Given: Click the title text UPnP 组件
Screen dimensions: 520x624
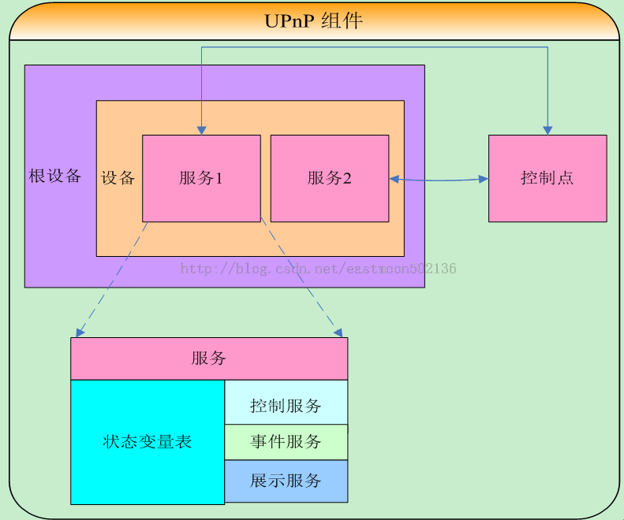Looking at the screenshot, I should click(x=313, y=20).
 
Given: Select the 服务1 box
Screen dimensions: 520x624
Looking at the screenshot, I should click(x=201, y=178).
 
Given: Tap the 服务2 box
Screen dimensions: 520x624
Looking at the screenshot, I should click(x=330, y=178).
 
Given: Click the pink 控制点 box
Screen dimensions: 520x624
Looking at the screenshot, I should click(x=547, y=178).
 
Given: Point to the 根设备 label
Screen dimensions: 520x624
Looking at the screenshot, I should click(x=55, y=176).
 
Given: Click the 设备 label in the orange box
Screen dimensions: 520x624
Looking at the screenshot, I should click(x=118, y=178).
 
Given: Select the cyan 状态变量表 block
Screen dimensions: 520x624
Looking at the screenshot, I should click(x=148, y=442).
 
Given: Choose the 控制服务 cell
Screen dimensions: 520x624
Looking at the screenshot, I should click(x=286, y=406).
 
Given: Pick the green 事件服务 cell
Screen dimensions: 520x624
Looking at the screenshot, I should click(x=286, y=442).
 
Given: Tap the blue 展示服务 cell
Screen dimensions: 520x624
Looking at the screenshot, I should click(x=286, y=481).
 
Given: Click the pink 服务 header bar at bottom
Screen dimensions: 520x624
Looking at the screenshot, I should click(x=209, y=358).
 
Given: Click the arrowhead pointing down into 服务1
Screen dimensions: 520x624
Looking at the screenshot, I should click(x=201, y=130).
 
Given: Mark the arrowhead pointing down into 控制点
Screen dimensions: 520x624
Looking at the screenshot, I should click(x=547, y=130).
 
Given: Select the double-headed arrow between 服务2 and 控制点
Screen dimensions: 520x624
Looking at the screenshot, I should click(x=439, y=180).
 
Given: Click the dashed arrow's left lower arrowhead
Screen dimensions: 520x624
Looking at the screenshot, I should click(x=80, y=331).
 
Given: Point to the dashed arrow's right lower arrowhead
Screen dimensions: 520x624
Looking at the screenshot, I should click(x=337, y=331).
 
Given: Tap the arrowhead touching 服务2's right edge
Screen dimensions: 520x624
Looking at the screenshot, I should click(x=394, y=179).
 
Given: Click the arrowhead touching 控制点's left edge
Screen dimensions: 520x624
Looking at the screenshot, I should click(x=483, y=179).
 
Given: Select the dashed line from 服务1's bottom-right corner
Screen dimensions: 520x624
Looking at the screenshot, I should click(x=300, y=276).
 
